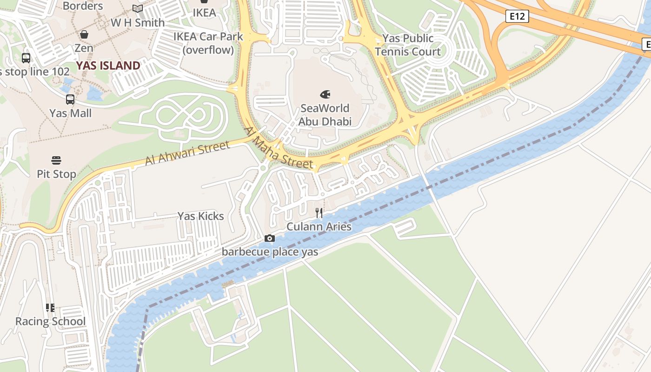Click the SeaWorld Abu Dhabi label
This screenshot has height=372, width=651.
click(x=325, y=115)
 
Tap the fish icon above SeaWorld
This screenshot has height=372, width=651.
click(x=325, y=94)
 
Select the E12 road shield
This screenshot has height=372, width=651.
click(x=517, y=17)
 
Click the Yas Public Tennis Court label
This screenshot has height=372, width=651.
click(x=408, y=45)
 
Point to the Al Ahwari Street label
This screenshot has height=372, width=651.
click(x=187, y=153)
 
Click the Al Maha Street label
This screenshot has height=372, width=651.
click(x=278, y=148)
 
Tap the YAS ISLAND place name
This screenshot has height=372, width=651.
click(x=108, y=66)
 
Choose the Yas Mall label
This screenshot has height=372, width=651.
click(x=71, y=113)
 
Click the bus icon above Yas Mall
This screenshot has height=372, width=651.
click(x=70, y=99)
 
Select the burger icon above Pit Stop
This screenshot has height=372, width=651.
click(x=57, y=160)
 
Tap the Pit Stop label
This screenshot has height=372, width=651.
click(x=57, y=174)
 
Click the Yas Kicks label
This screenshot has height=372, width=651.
click(x=201, y=216)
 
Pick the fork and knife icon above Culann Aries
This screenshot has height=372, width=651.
click(x=319, y=213)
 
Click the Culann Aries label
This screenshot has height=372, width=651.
click(x=319, y=227)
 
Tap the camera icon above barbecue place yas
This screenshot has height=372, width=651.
click(x=269, y=239)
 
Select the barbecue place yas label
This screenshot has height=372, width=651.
click(x=270, y=252)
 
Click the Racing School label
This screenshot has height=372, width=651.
click(x=51, y=321)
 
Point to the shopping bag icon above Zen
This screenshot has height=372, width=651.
click(x=84, y=34)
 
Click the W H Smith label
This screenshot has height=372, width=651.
click(x=138, y=22)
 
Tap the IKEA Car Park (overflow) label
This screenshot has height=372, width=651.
click(x=208, y=43)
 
